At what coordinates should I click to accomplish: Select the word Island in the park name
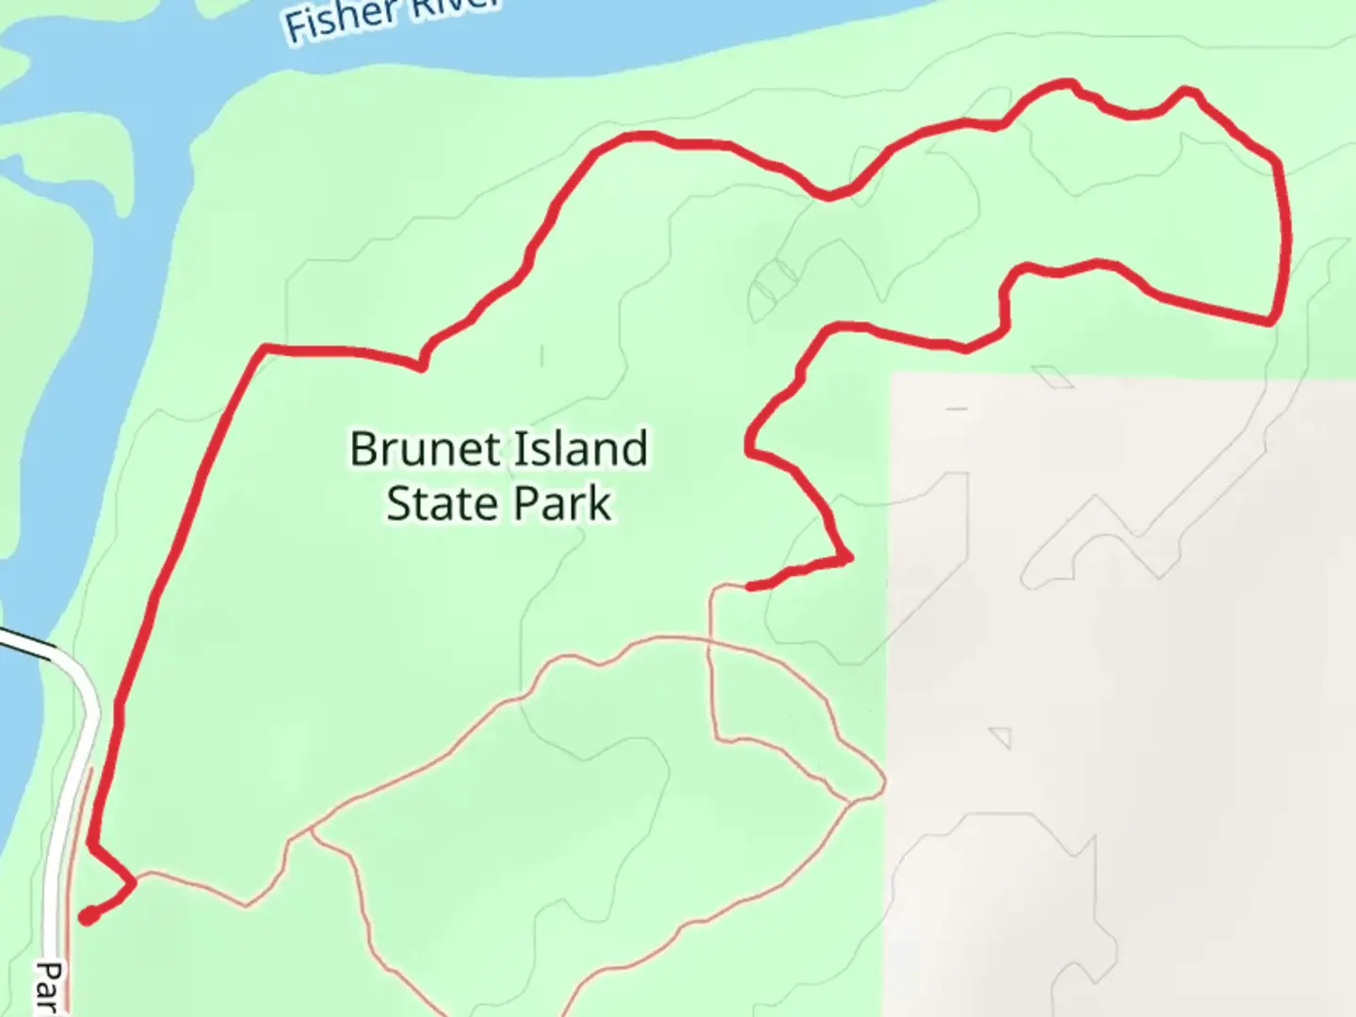(584, 449)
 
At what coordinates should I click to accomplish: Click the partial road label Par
(49, 987)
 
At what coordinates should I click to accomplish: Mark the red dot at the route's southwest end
(87, 916)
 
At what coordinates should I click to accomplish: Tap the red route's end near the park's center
(751, 587)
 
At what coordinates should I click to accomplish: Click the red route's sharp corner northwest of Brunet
(266, 348)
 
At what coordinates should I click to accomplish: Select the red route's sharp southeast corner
(1271, 321)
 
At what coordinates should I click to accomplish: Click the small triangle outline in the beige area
(1001, 737)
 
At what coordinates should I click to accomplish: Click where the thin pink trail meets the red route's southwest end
(134, 880)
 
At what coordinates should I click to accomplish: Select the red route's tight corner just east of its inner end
(847, 559)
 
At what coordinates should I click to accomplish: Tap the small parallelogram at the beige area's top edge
(1052, 377)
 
